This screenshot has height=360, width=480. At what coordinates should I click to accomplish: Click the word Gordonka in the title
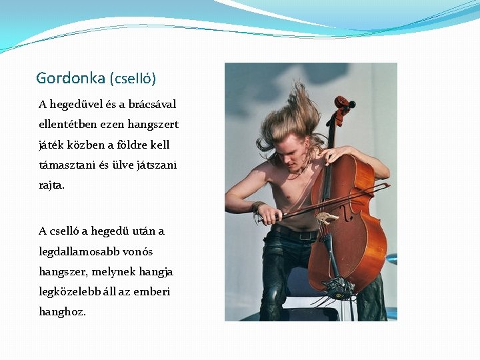coord(70,79)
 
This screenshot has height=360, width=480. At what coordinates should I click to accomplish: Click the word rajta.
coord(52,185)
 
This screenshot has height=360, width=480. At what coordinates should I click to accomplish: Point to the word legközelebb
coord(71,292)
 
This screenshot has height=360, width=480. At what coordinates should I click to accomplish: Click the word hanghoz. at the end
coord(63,312)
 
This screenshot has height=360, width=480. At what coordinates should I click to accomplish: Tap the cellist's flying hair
coord(293,113)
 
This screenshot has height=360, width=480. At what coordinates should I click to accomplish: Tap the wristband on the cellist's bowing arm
coord(257,207)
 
